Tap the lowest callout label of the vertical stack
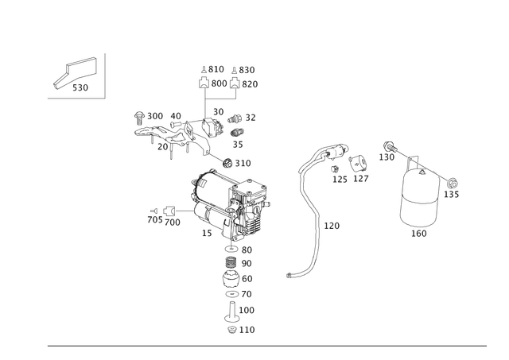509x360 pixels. (247, 328)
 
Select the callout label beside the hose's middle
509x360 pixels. (332, 226)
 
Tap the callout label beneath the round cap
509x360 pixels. (361, 180)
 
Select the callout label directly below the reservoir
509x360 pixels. (418, 234)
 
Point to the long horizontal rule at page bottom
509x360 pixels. (266, 346)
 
